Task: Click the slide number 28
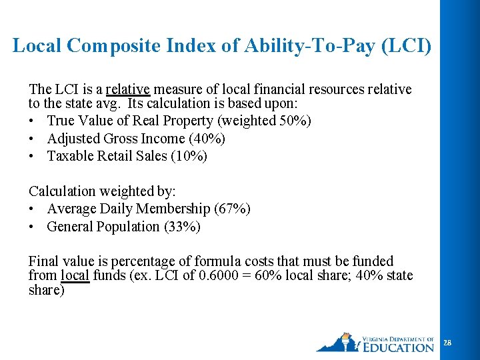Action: click(x=447, y=343)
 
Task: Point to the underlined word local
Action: click(x=75, y=276)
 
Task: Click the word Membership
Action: click(x=178, y=209)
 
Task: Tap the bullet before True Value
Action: click(x=33, y=121)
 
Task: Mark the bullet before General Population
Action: click(x=33, y=227)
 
